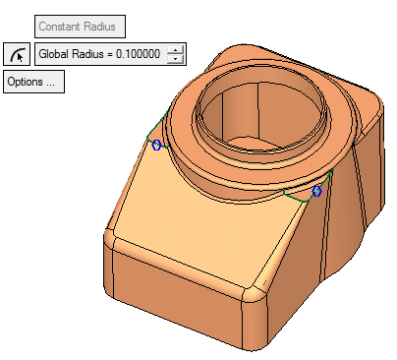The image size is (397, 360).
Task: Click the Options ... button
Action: click(x=33, y=82)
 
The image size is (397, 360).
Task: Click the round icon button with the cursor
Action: click(x=17, y=54)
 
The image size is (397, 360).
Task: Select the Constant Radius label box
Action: click(x=80, y=27)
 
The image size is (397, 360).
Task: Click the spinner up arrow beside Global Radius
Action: click(x=176, y=50)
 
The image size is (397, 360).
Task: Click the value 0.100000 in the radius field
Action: click(x=138, y=54)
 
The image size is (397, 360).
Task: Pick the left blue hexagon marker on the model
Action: click(x=157, y=145)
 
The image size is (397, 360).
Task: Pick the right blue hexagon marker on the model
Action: click(x=316, y=191)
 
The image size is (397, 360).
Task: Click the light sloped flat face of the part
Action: click(x=203, y=229)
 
